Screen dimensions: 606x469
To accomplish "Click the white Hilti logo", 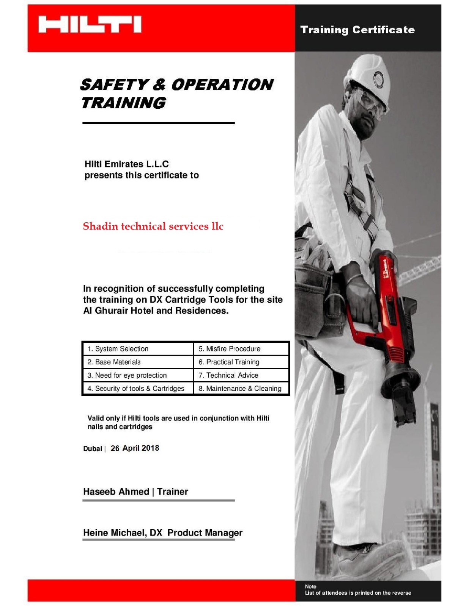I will tap(90, 25).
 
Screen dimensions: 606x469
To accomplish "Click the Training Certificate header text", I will tap(357, 30).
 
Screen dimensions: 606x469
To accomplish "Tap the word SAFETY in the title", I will tap(113, 85).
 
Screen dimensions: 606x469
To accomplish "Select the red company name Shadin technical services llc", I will tap(153, 226).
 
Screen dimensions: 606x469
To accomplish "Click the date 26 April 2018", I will tap(135, 448).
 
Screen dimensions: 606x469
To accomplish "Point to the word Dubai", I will tap(93, 449).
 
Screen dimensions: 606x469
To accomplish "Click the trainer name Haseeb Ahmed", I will tap(116, 492).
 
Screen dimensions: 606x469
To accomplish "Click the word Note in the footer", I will tap(310, 586).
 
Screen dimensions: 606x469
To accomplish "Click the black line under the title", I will tap(158, 123).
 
